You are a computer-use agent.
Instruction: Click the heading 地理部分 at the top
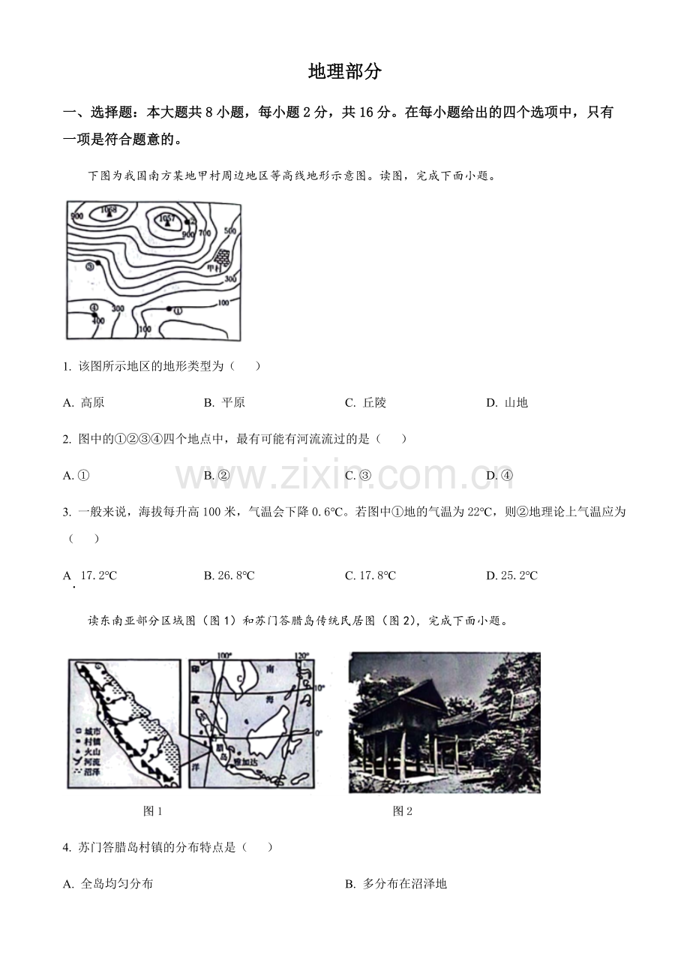345,72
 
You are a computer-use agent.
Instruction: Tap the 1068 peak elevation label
109,209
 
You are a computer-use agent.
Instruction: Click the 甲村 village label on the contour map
218,268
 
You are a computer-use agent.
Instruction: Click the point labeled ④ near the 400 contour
94,314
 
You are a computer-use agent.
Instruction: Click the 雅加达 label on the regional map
246,761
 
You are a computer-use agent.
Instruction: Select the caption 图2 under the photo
403,810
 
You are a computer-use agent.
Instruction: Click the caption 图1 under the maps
152,810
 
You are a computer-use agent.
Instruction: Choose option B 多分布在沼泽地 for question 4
397,883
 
